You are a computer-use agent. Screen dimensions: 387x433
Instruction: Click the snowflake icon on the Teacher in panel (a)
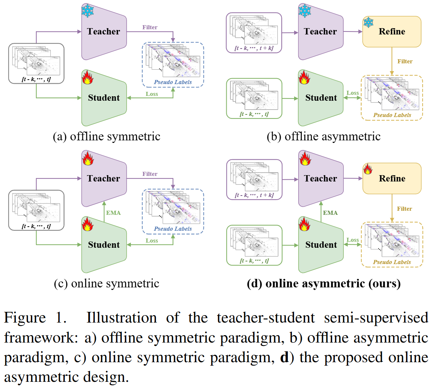pyautogui.click(x=88, y=11)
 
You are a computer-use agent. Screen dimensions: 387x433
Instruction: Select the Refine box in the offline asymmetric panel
pyautogui.click(x=392, y=32)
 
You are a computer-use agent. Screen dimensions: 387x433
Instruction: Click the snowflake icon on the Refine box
pyautogui.click(x=368, y=22)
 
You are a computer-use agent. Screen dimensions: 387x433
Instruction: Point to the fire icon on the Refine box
pyautogui.click(x=368, y=169)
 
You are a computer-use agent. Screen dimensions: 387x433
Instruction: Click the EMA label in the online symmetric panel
pyautogui.click(x=113, y=213)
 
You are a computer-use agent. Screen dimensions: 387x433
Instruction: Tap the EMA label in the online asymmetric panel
pyautogui.click(x=330, y=213)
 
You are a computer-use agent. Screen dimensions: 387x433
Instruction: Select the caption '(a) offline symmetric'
pyautogui.click(x=106, y=137)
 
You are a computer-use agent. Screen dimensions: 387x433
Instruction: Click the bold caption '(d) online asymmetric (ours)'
pyautogui.click(x=323, y=284)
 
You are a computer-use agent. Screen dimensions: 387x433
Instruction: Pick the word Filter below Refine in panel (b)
pyautogui.click(x=404, y=61)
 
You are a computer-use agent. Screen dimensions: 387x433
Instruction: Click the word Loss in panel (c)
pyautogui.click(x=151, y=241)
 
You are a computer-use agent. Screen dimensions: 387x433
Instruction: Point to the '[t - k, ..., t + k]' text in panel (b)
pyautogui.click(x=254, y=48)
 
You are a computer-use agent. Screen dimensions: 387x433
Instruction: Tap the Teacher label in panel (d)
pyautogui.click(x=320, y=179)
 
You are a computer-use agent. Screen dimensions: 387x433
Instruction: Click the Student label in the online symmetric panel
pyautogui.click(x=104, y=245)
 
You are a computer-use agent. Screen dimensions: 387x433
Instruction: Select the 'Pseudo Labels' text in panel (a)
pyautogui.click(x=173, y=82)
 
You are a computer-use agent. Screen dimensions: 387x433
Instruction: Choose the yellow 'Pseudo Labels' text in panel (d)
pyautogui.click(x=392, y=262)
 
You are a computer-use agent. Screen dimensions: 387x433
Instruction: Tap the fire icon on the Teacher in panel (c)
pyautogui.click(x=88, y=159)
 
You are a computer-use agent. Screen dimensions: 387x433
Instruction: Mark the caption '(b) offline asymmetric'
pyautogui.click(x=323, y=137)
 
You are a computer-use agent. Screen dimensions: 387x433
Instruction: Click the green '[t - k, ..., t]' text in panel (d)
pyautogui.click(x=254, y=261)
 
